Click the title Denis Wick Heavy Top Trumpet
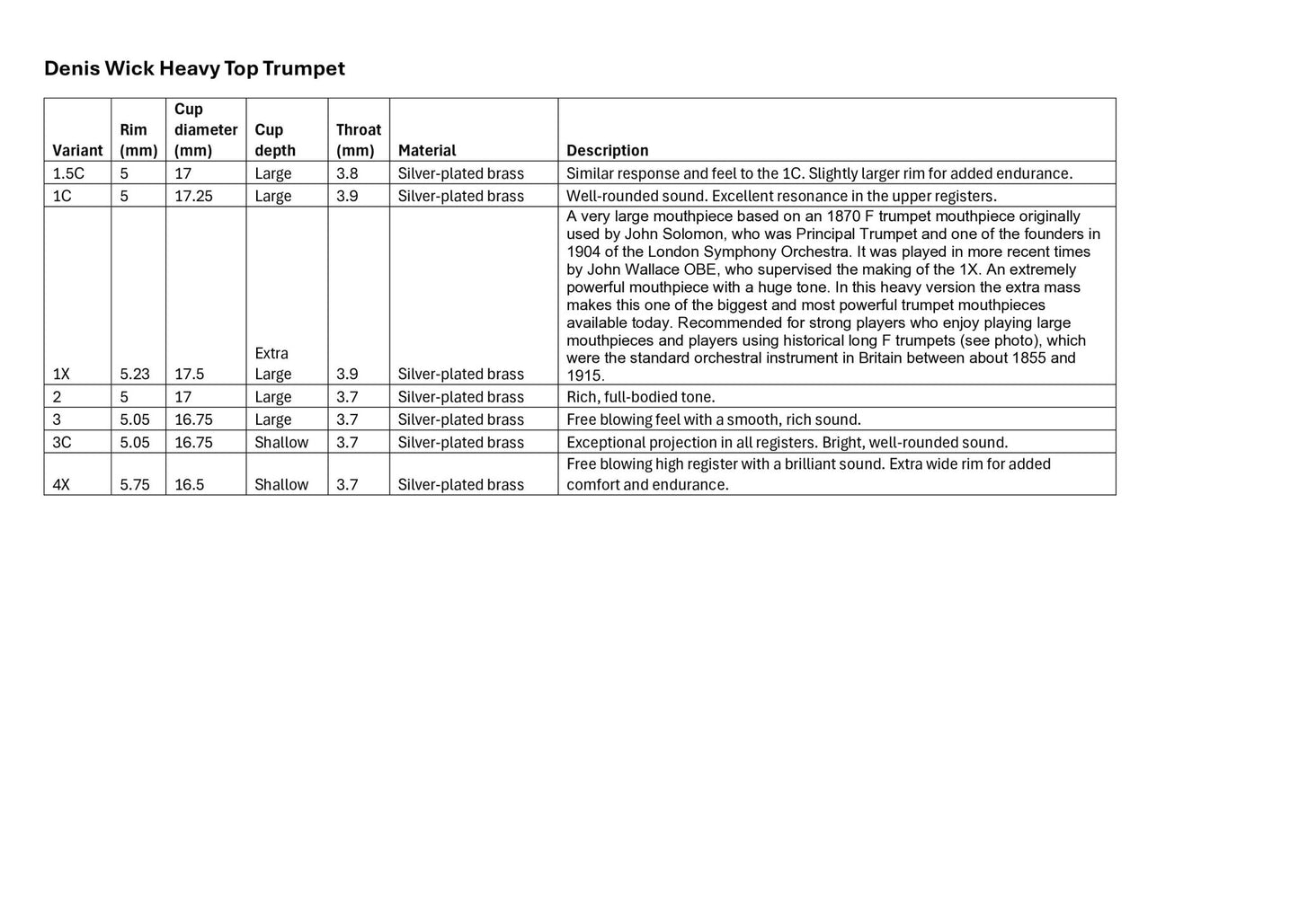click(x=194, y=68)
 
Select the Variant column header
click(x=77, y=150)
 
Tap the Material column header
click(x=427, y=150)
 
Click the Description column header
click(x=607, y=150)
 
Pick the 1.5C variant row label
click(x=68, y=173)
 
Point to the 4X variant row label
click(x=61, y=484)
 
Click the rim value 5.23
click(x=135, y=374)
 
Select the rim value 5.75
click(x=135, y=484)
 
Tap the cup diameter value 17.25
click(x=193, y=196)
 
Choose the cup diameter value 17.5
click(x=189, y=374)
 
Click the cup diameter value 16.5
click(x=189, y=484)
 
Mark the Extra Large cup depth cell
click(x=272, y=364)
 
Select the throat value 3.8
click(x=347, y=173)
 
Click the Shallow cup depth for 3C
click(x=281, y=442)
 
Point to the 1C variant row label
click(x=62, y=196)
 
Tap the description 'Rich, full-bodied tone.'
click(x=641, y=397)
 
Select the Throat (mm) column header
click(x=358, y=140)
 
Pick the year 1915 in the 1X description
click(x=584, y=375)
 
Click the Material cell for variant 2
click(x=461, y=397)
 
